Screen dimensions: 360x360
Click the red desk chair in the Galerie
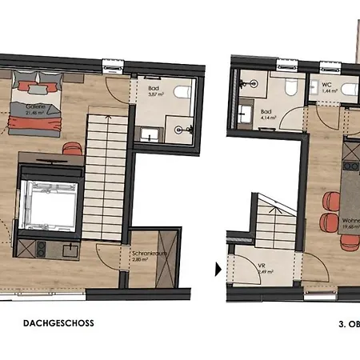click(x=72, y=148)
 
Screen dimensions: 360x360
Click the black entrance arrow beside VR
click(x=218, y=270)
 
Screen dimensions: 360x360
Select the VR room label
click(x=261, y=266)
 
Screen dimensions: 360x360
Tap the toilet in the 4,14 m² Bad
click(x=292, y=86)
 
